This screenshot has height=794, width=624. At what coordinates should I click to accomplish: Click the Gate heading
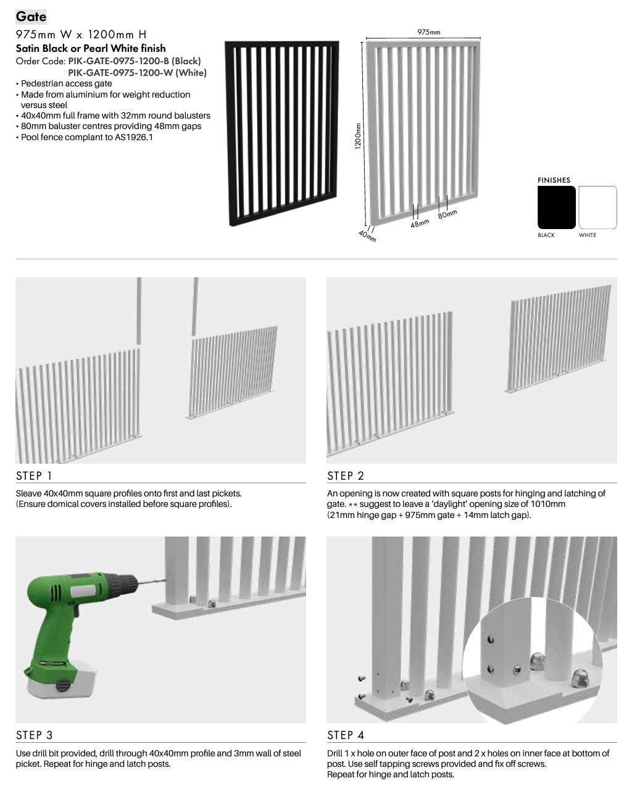click(31, 17)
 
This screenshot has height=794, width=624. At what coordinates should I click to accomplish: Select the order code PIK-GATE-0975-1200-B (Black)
click(134, 61)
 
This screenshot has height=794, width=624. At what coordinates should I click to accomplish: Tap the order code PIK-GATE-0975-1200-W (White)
click(137, 73)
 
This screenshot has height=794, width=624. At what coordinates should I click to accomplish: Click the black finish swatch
click(556, 207)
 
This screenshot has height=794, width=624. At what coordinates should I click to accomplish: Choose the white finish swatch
click(597, 207)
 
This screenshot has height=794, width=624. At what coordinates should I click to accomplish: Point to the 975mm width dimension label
click(428, 33)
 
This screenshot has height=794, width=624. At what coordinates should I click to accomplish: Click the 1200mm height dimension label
click(357, 136)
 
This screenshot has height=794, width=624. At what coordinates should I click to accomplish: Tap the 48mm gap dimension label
click(420, 224)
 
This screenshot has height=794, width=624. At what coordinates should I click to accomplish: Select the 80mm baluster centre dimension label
click(447, 214)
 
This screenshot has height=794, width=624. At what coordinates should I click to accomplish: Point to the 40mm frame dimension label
click(367, 236)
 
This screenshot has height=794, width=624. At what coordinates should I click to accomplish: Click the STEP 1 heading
click(34, 476)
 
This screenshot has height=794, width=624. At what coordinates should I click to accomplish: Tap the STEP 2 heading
click(346, 476)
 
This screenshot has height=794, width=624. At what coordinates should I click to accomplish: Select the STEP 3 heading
click(35, 735)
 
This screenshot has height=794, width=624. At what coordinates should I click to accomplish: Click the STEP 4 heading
click(346, 735)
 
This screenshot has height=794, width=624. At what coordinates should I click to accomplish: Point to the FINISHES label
click(554, 180)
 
